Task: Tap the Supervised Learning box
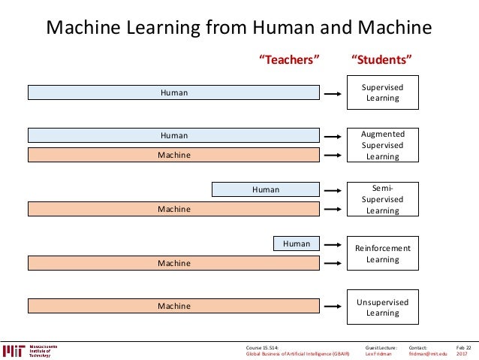[x=382, y=92]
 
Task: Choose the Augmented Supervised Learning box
[x=382, y=145]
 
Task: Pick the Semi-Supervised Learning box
[x=382, y=200]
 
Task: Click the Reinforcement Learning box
[x=382, y=253]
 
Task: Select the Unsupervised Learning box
[x=382, y=307]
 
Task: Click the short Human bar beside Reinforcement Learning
[x=297, y=243]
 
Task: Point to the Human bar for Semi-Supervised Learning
[x=266, y=189]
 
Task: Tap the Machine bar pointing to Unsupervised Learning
[x=173, y=306]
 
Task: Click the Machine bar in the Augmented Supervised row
[x=173, y=155]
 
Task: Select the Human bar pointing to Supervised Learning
[x=173, y=92]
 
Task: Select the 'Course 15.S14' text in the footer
[x=262, y=347]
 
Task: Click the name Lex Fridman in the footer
[x=378, y=354]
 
